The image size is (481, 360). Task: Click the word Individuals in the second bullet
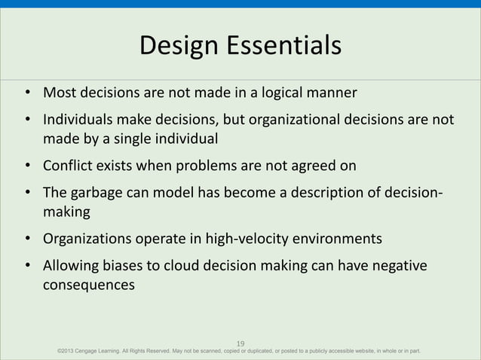78,121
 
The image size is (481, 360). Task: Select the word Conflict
66,166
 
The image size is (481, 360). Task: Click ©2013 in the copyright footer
66,351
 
